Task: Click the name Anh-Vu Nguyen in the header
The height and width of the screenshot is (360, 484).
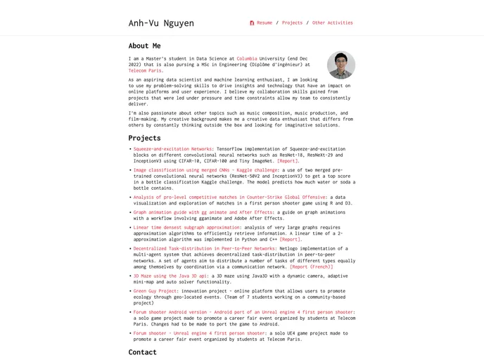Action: (161, 23)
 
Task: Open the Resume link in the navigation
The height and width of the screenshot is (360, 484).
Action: (265, 23)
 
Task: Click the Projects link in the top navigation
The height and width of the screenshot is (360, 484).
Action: (292, 23)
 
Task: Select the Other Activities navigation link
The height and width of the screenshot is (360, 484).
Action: (332, 23)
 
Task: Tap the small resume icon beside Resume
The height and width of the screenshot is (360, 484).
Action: (252, 23)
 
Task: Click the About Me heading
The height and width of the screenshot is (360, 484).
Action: (144, 46)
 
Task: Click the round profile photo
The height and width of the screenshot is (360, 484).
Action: (341, 65)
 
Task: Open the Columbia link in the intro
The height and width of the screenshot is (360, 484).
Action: (246, 58)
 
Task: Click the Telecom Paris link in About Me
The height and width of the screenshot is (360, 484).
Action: (146, 70)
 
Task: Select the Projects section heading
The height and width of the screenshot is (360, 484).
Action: (144, 138)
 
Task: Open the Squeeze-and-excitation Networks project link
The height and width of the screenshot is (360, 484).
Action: (172, 149)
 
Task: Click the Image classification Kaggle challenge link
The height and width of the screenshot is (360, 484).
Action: (205, 170)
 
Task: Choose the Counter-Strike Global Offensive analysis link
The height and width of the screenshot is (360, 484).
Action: (229, 198)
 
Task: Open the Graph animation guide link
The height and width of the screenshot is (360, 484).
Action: (203, 212)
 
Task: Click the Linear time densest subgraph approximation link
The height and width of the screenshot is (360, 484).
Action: (186, 227)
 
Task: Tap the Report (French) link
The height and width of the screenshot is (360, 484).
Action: (311, 267)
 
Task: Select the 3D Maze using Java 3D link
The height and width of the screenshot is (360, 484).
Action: (170, 276)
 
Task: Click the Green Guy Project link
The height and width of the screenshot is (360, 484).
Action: (155, 290)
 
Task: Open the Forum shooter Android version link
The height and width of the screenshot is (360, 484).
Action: (243, 312)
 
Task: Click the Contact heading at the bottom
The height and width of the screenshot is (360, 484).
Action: (142, 352)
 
